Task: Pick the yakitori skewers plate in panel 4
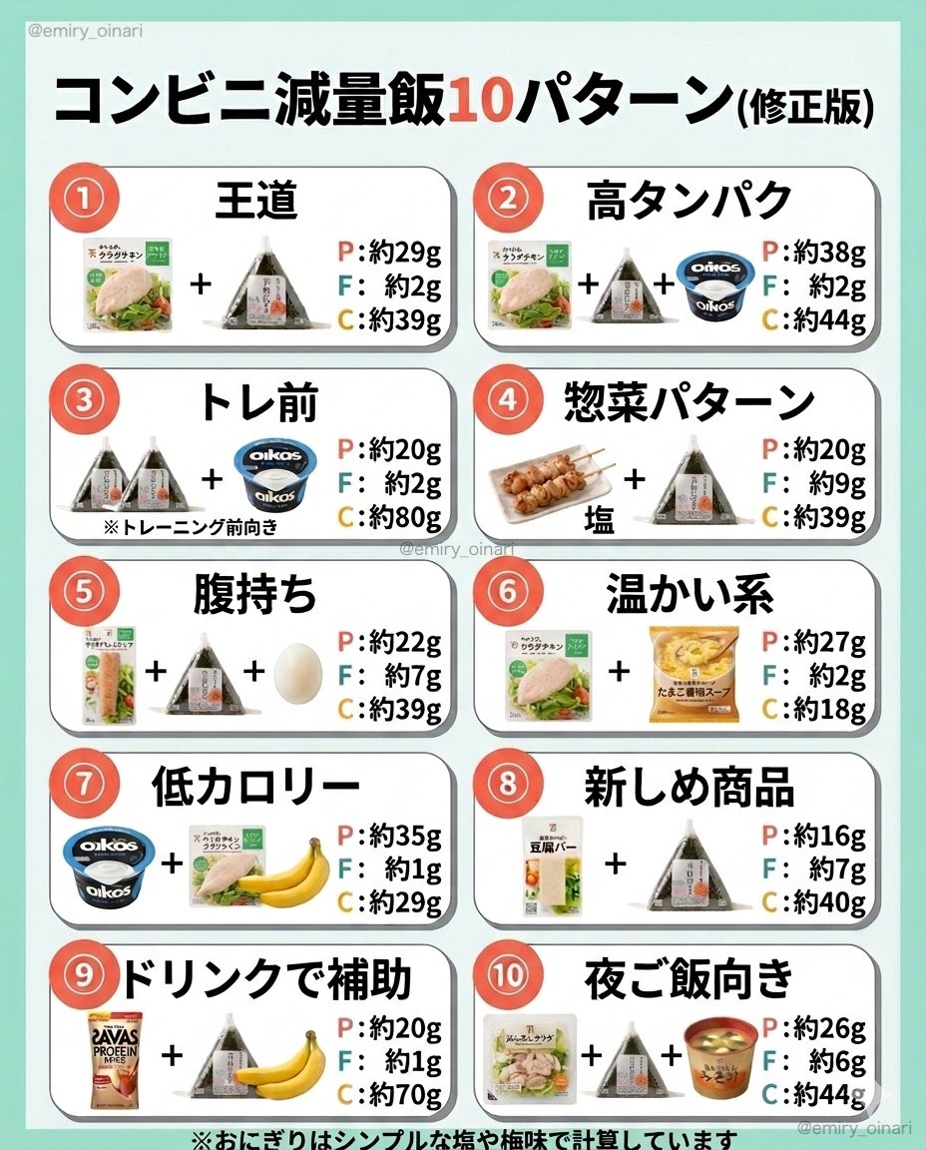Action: tap(547, 482)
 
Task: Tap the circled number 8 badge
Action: tap(507, 784)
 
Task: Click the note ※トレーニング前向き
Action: tap(190, 527)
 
